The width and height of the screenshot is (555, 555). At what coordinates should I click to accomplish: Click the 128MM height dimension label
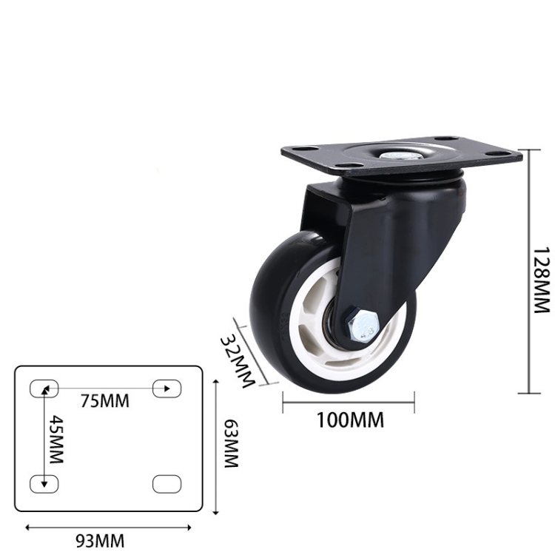pyautogui.click(x=543, y=280)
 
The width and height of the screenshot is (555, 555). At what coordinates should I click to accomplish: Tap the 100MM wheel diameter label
pyautogui.click(x=350, y=420)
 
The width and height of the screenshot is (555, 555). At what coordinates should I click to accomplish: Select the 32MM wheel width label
pyautogui.click(x=238, y=358)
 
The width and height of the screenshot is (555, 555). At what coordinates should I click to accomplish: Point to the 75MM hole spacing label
pyautogui.click(x=104, y=402)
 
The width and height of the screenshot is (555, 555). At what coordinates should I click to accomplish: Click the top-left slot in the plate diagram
pyautogui.click(x=43, y=388)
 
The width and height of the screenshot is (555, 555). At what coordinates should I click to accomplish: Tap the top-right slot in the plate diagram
pyautogui.click(x=166, y=388)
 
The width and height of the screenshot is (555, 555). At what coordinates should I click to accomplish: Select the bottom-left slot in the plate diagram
pyautogui.click(x=43, y=484)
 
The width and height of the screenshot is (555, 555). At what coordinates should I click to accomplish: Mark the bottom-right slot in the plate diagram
pyautogui.click(x=166, y=484)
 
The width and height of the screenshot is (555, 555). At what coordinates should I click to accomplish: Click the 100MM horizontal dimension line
pyautogui.click(x=349, y=403)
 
